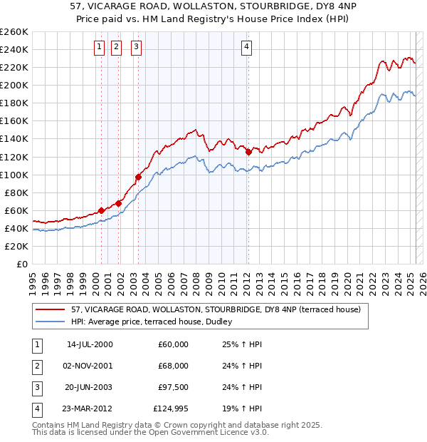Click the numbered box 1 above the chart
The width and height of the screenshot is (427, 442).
(x=98, y=48)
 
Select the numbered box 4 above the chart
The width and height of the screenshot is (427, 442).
(x=246, y=48)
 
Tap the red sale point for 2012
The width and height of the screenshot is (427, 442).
(x=248, y=152)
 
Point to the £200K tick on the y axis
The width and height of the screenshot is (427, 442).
(x=16, y=85)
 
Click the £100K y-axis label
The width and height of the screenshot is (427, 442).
(x=16, y=175)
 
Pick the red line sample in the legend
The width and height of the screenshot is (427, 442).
(x=50, y=309)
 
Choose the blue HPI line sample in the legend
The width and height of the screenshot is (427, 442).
(x=50, y=322)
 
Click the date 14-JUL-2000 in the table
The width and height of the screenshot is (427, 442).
(x=90, y=344)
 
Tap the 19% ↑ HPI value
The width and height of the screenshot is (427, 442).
(x=243, y=408)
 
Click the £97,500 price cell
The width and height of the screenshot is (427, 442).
(x=174, y=387)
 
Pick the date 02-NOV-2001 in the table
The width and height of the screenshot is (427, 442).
(x=90, y=366)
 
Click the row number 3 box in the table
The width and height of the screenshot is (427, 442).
(x=36, y=387)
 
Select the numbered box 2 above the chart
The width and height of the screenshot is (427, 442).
(x=117, y=48)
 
